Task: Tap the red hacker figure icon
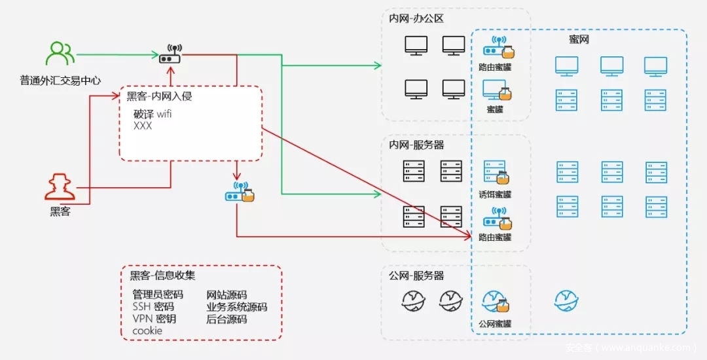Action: [60, 187]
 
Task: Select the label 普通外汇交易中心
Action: [60, 81]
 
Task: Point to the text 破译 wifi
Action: [152, 115]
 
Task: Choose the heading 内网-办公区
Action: [416, 19]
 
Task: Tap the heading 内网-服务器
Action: [416, 145]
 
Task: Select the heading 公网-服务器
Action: [416, 276]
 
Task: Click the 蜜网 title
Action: [579, 40]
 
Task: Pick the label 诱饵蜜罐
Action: [495, 194]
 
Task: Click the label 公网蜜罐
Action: [495, 323]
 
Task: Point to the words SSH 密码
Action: [153, 307]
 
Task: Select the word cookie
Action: [147, 331]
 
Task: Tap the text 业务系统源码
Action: [236, 307]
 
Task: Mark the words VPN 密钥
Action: [154, 319]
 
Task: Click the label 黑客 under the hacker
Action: [60, 212]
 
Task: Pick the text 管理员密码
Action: [158, 295]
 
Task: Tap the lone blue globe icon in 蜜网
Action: [566, 300]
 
